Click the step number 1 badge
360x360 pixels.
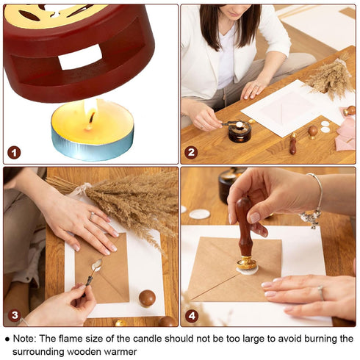[14, 153]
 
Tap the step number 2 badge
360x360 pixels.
[191, 153]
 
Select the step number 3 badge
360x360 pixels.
[15, 315]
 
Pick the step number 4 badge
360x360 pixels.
[192, 317]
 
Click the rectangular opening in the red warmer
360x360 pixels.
[80, 57]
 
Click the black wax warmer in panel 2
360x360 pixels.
[240, 132]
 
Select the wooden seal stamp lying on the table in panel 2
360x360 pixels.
[293, 144]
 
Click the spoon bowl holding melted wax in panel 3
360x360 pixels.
[97, 265]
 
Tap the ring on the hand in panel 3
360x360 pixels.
[92, 215]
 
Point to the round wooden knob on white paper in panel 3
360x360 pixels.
[147, 298]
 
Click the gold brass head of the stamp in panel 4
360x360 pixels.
[247, 263]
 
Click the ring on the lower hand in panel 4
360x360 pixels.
[321, 292]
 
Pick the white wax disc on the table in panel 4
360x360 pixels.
[199, 215]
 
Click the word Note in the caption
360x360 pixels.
[24, 339]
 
